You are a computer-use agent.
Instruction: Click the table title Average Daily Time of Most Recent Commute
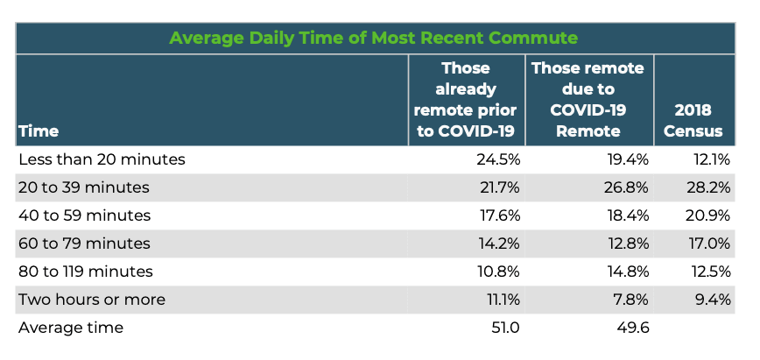point(373,38)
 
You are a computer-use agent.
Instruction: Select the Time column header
point(39,131)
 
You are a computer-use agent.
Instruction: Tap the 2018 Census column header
point(693,120)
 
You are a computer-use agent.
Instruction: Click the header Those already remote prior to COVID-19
point(465,100)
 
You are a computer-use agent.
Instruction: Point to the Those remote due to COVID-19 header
point(588,100)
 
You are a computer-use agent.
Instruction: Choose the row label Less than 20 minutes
point(102,159)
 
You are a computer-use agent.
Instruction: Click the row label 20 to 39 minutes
point(84,187)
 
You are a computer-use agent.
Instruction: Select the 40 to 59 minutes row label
point(84,215)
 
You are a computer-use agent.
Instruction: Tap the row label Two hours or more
point(92,300)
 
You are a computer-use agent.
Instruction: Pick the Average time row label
point(71,328)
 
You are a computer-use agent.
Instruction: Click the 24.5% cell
point(498,159)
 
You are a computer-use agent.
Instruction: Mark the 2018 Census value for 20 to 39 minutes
point(708,187)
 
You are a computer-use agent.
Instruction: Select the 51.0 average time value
point(505,328)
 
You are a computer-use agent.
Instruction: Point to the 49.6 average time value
point(634,328)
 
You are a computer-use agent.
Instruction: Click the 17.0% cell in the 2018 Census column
point(709,244)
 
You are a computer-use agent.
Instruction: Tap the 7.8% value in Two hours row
point(630,300)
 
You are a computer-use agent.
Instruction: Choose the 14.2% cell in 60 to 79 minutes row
point(499,244)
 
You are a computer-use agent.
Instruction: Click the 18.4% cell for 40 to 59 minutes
point(628,215)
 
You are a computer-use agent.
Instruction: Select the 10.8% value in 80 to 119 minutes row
point(499,272)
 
